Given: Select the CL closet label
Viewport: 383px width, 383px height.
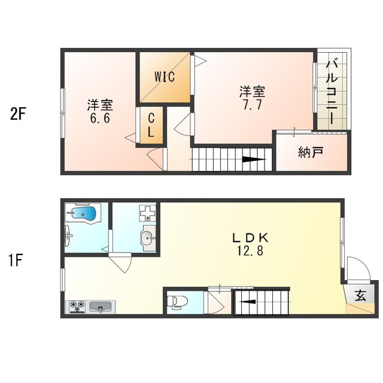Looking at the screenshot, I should (151, 124).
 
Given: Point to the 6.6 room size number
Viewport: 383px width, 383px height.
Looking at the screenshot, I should (100, 118).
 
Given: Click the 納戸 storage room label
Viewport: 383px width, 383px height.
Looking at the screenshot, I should (311, 152).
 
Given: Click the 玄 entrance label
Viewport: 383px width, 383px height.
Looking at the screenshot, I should (360, 295).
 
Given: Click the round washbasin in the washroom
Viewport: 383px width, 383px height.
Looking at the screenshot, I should (147, 238).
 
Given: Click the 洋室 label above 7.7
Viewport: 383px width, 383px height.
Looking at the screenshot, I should (252, 92).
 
